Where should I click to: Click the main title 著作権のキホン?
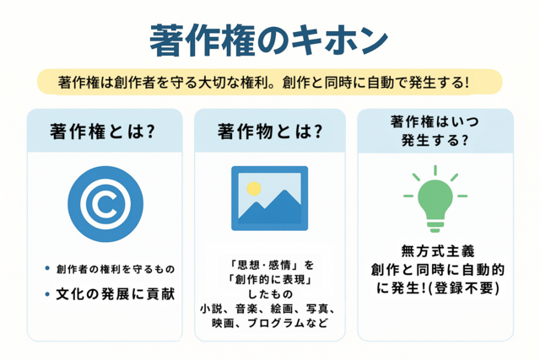point(269,40)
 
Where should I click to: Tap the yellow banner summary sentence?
point(263,83)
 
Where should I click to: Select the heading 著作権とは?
point(102,132)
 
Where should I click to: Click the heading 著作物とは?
point(270,132)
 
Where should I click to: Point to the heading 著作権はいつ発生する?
point(435,131)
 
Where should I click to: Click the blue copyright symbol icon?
point(105,204)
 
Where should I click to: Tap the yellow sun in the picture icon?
point(254,188)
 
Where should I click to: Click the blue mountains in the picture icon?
point(269,209)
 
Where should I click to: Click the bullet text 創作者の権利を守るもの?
point(116,269)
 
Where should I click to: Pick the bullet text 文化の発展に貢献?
point(116,294)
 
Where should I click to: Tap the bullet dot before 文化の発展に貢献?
point(47,294)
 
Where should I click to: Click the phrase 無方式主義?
point(438,251)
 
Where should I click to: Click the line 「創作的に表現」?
point(270,280)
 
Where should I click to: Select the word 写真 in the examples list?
point(317,309)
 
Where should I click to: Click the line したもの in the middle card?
point(270,294)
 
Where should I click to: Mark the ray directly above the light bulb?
point(435,170)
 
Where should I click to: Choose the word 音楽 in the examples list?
point(246,309)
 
